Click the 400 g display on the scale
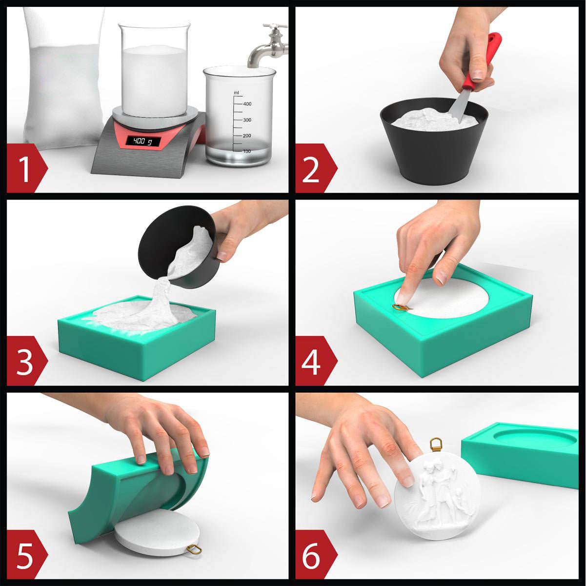(x=143, y=141)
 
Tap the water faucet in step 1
(x=269, y=45)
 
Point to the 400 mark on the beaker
(x=247, y=104)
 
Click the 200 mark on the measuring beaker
(x=246, y=136)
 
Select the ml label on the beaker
(x=236, y=92)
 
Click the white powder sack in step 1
(x=63, y=79)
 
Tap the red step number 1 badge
(x=27, y=168)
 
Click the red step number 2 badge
(x=316, y=168)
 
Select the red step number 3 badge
(x=27, y=361)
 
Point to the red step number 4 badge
(x=316, y=361)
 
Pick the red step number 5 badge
(x=27, y=554)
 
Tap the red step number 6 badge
(x=316, y=554)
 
